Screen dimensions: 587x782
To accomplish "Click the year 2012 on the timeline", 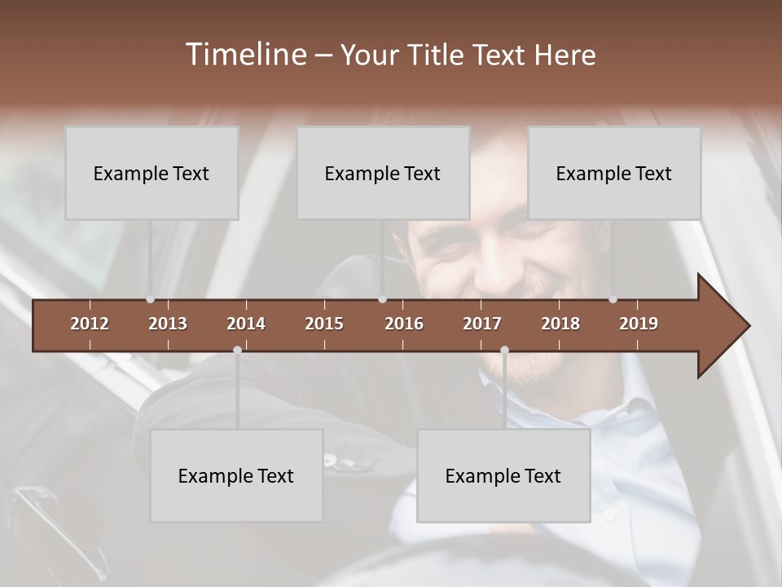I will pos(90,324).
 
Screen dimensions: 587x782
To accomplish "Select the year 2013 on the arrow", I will pos(168,324).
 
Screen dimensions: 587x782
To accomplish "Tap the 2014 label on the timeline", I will pos(246,324).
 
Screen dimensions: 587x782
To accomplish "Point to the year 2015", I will pos(324,324).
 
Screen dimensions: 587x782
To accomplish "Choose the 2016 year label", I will pos(404,324).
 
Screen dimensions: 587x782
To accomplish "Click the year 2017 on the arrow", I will pos(482,324).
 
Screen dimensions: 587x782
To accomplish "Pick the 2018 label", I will pos(560,324).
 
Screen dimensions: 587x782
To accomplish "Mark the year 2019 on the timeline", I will pos(639,324).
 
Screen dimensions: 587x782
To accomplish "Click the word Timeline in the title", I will pos(244,55).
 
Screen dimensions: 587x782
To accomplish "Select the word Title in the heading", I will pos(437,55).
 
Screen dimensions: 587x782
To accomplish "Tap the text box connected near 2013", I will pos(152,173).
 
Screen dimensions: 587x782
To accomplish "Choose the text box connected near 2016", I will pos(383,173).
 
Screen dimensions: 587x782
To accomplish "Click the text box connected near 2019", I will pos(614,173).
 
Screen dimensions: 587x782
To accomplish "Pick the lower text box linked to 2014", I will pos(236,475).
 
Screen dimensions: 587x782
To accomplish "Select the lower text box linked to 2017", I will pos(503,475).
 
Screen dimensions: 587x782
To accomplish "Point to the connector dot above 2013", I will pos(150,299).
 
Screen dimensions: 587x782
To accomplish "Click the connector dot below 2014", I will pos(237,350).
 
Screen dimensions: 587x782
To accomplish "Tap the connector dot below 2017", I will pos(504,350).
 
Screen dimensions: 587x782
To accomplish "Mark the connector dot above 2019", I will pos(613,299).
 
